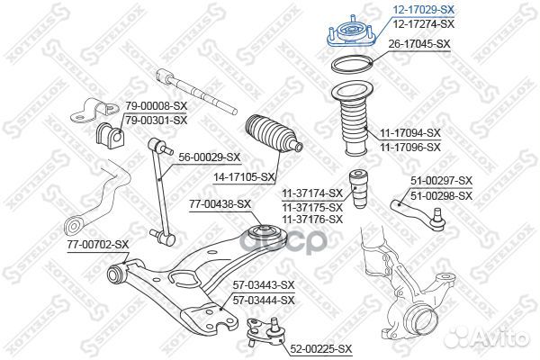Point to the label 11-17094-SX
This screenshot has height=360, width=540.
click(x=409, y=132)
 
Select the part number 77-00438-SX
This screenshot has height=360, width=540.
click(x=220, y=204)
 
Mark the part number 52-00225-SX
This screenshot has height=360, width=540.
click(x=321, y=347)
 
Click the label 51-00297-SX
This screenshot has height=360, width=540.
click(x=441, y=182)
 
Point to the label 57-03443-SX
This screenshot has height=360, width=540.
click(x=264, y=286)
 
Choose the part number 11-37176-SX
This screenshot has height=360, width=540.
click(x=311, y=219)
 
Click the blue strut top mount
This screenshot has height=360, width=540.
click(x=346, y=35)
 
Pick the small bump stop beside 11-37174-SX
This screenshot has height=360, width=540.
click(x=362, y=190)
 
